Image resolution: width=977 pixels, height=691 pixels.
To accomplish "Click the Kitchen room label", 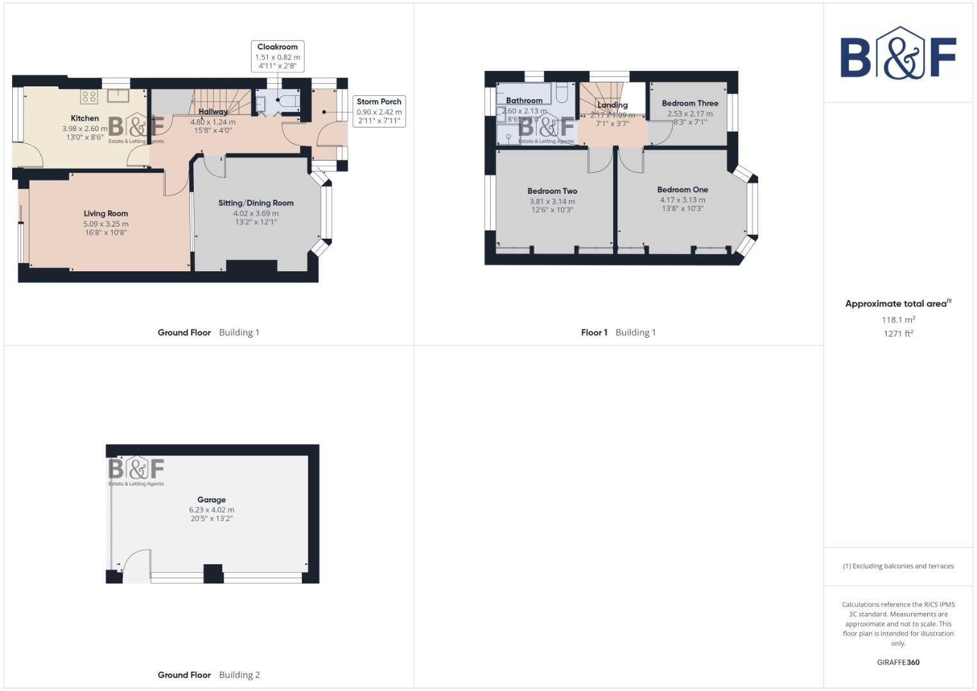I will tap(84, 118).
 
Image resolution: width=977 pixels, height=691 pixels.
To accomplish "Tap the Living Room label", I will tap(106, 214).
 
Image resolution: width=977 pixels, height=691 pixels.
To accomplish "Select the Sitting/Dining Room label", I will tap(256, 203).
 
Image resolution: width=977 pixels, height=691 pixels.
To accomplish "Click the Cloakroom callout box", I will tap(278, 56).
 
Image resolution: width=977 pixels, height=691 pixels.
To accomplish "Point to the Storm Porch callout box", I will tap(379, 111).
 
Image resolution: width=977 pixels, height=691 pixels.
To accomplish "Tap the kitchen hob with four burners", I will tap(89, 97).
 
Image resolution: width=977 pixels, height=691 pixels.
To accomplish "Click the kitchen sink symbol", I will tap(118, 96).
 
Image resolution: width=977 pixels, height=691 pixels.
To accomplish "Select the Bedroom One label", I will tap(682, 189).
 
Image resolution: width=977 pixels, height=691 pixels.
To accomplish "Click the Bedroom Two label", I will tap(552, 191).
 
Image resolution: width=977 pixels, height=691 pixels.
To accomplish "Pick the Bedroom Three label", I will tap(690, 103).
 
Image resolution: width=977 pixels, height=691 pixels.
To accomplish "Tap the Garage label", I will tap(211, 500).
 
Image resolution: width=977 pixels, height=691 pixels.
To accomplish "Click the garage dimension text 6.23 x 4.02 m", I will tap(211, 510).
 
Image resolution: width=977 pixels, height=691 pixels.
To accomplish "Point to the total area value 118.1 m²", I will tap(898, 320).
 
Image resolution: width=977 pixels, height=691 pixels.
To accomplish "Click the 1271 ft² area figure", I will tap(898, 333).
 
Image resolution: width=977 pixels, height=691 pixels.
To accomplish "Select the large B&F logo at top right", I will tap(898, 54).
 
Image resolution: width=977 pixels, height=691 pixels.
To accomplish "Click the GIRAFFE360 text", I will tap(898, 662).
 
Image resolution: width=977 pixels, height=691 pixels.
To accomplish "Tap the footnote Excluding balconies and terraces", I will tap(898, 566).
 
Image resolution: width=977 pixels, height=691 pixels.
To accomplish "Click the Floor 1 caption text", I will tap(594, 332).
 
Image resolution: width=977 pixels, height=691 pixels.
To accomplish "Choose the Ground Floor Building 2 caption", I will tap(209, 675).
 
